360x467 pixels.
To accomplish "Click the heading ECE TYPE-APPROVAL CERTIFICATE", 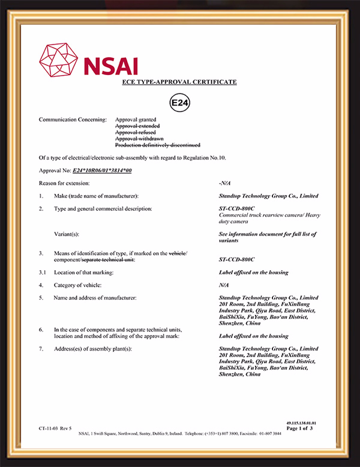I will coord(180,82).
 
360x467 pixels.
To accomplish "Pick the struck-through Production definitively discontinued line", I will coord(158,145).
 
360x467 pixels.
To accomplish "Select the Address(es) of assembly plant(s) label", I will coord(92,349).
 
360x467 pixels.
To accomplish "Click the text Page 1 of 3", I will coord(300,429).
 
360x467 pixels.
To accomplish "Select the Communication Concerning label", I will coord(73,119).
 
